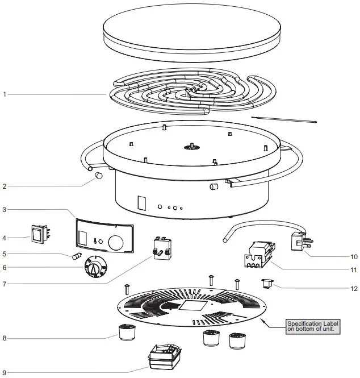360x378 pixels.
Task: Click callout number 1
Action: (x=4, y=94)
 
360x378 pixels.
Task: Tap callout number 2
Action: (x=4, y=185)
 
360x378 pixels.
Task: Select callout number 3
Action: (x=4, y=210)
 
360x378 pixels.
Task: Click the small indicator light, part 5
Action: (x=76, y=256)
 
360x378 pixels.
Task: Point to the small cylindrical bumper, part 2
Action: (x=98, y=176)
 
